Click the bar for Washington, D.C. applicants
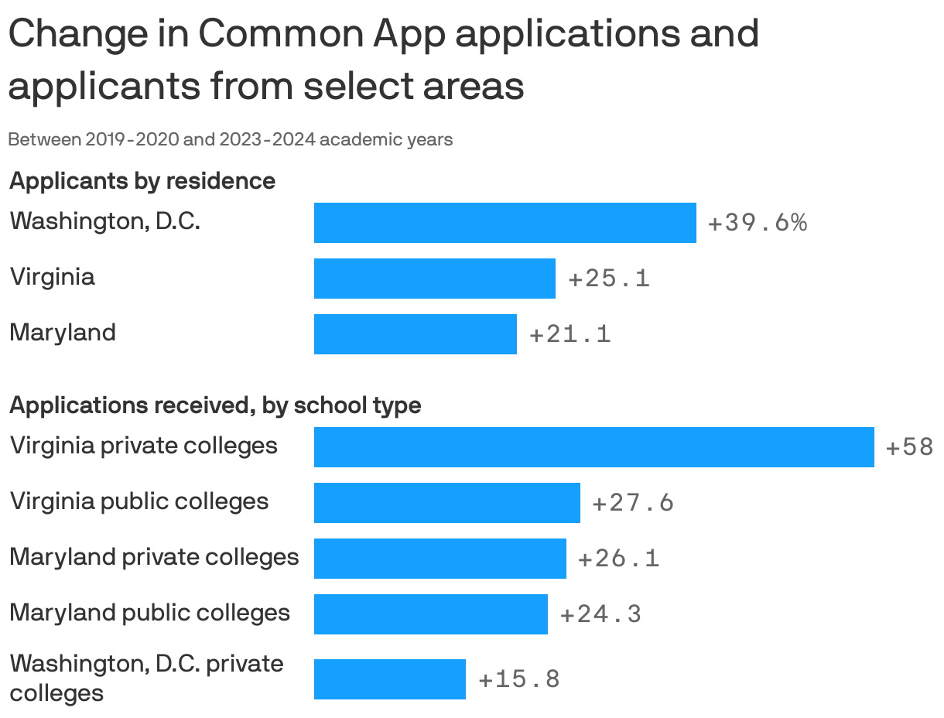[x=504, y=223]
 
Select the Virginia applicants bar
[x=434, y=279]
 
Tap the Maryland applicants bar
[x=415, y=334]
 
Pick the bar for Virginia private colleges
[x=593, y=447]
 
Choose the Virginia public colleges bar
[x=446, y=503]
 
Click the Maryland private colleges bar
[x=440, y=559]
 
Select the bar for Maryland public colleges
[x=430, y=614]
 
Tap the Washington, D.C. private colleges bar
[x=389, y=679]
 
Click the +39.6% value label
[x=757, y=223]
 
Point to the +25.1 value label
[x=609, y=279]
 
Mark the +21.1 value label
[x=570, y=334]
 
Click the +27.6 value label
[x=633, y=503]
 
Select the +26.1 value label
[x=619, y=559]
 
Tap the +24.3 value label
[x=600, y=614]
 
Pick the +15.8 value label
[x=519, y=679]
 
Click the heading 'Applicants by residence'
[x=142, y=181]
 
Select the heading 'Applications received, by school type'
[x=215, y=405]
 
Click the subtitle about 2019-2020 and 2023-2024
[x=230, y=140]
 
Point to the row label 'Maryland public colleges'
[x=150, y=613]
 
